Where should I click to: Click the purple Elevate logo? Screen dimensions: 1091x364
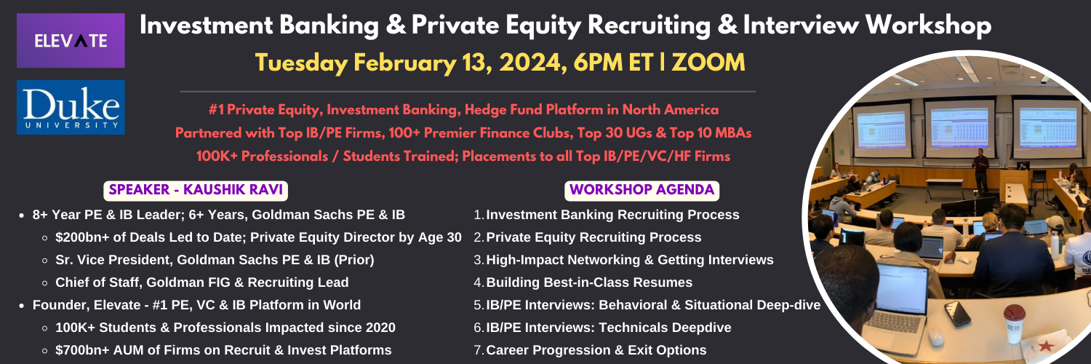(71, 41)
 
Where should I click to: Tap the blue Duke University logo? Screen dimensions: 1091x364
(71, 107)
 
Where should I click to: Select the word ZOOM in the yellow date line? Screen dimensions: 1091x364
(708, 63)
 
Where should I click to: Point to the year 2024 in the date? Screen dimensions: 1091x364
(533, 63)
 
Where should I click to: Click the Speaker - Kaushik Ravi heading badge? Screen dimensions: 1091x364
(196, 190)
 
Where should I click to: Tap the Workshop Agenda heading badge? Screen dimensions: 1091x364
(642, 190)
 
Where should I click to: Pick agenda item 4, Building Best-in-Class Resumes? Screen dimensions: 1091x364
(583, 282)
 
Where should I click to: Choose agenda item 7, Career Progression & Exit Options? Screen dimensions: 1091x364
(590, 350)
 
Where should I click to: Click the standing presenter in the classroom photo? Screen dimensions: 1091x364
(980, 170)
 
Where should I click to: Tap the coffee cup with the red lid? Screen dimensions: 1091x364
(1014, 322)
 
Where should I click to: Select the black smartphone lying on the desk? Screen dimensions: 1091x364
(957, 313)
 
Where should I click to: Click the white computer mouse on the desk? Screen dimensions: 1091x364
(935, 337)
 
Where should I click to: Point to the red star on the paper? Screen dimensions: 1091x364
(1045, 347)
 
